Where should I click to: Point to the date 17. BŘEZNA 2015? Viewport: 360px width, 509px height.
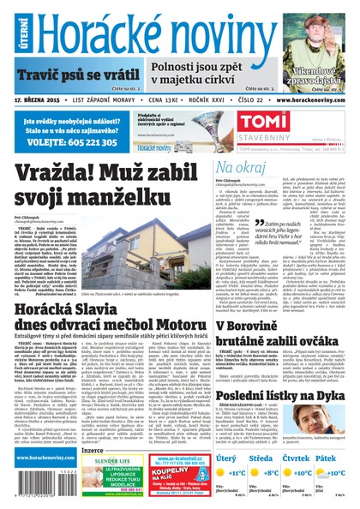coord(36,100)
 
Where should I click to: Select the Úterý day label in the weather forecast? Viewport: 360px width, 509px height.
coord(227,458)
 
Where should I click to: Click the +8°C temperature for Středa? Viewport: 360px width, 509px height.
coord(273,472)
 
